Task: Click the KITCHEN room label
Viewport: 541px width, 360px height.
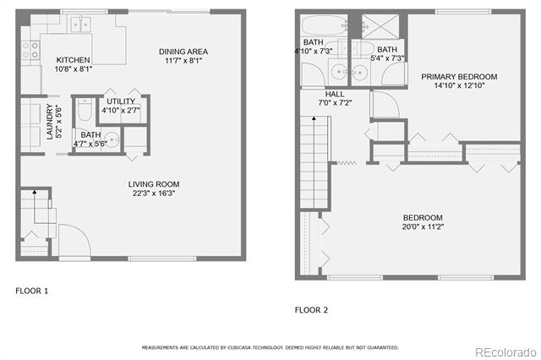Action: [x=74, y=60]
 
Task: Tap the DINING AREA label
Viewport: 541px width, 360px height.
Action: [x=183, y=52]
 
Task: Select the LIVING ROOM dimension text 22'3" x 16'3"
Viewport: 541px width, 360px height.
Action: [x=154, y=194]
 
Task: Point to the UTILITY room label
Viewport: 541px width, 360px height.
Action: [x=121, y=101]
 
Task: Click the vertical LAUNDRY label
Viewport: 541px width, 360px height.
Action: [x=50, y=122]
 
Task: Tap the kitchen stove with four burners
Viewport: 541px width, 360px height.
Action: [x=30, y=51]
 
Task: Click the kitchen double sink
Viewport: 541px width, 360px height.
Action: [x=80, y=25]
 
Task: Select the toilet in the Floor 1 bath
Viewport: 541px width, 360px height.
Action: [x=85, y=110]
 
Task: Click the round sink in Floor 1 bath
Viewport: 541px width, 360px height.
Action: [x=112, y=140]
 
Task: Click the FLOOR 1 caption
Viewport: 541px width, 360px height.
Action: [x=32, y=291]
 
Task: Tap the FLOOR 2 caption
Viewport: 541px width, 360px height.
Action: [x=311, y=310]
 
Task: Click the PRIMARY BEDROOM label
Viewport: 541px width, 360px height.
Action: [x=459, y=77]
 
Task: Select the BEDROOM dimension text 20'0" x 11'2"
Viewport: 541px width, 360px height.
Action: [x=423, y=226]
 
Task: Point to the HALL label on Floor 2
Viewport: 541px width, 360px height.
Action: [x=335, y=94]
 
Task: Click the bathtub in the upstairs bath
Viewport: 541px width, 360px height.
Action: [x=325, y=25]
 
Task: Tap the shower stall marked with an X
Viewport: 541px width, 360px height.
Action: [x=380, y=26]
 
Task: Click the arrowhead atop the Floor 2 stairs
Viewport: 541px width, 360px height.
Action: [x=314, y=118]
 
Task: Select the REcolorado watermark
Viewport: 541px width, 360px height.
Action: [x=505, y=352]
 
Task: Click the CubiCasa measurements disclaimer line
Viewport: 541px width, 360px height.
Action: [x=270, y=347]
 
